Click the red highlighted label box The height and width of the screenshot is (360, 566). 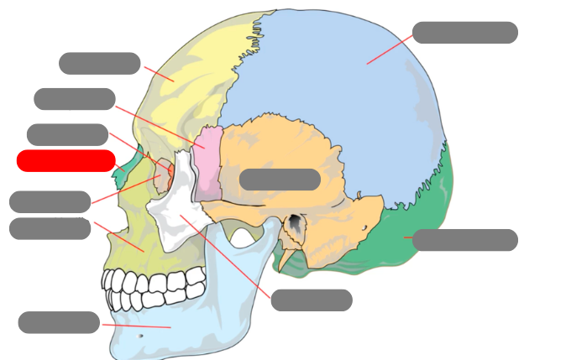click(66, 160)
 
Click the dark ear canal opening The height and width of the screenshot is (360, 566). click(295, 224)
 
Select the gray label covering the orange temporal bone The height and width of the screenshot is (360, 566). click(280, 180)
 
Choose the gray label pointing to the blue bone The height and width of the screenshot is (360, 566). click(464, 33)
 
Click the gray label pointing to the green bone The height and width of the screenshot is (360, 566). click(464, 240)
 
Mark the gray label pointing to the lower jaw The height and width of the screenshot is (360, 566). click(59, 322)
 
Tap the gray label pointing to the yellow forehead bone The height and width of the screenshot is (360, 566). click(99, 63)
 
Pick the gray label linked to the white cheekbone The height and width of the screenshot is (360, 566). click(311, 300)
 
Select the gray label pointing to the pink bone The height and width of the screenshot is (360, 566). click(74, 99)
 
